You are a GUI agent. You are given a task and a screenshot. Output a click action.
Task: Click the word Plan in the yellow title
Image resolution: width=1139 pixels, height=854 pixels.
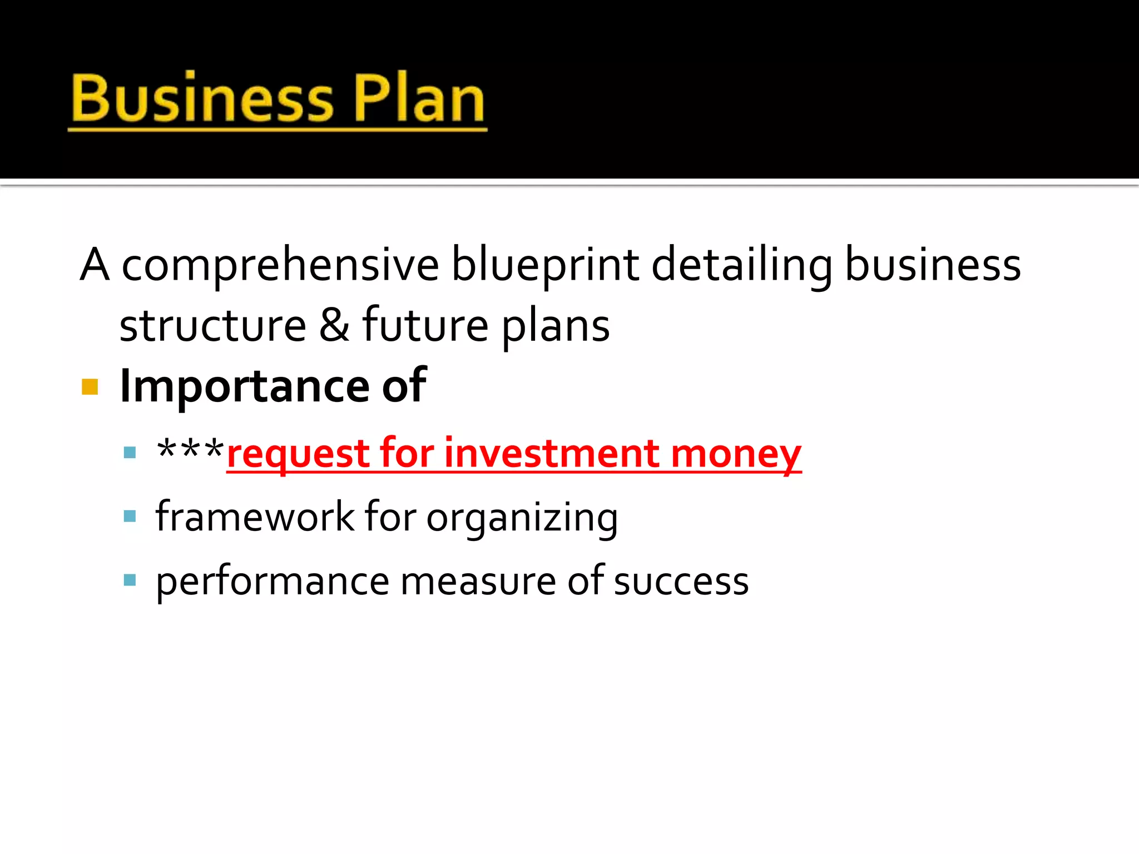click(x=419, y=99)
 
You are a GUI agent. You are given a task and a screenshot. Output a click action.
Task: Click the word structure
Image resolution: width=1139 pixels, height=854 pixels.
click(x=213, y=326)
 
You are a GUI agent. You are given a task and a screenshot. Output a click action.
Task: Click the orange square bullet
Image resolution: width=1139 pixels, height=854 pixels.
click(x=90, y=386)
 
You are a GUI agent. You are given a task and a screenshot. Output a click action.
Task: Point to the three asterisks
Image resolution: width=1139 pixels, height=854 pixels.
click(x=190, y=449)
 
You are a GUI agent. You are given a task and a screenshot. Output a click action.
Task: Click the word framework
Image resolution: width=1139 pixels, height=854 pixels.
click(x=255, y=517)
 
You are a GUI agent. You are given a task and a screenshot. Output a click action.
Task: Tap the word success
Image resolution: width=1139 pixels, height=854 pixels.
click(x=681, y=582)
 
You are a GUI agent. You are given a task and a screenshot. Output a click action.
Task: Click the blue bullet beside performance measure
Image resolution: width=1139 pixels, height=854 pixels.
click(x=130, y=580)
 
